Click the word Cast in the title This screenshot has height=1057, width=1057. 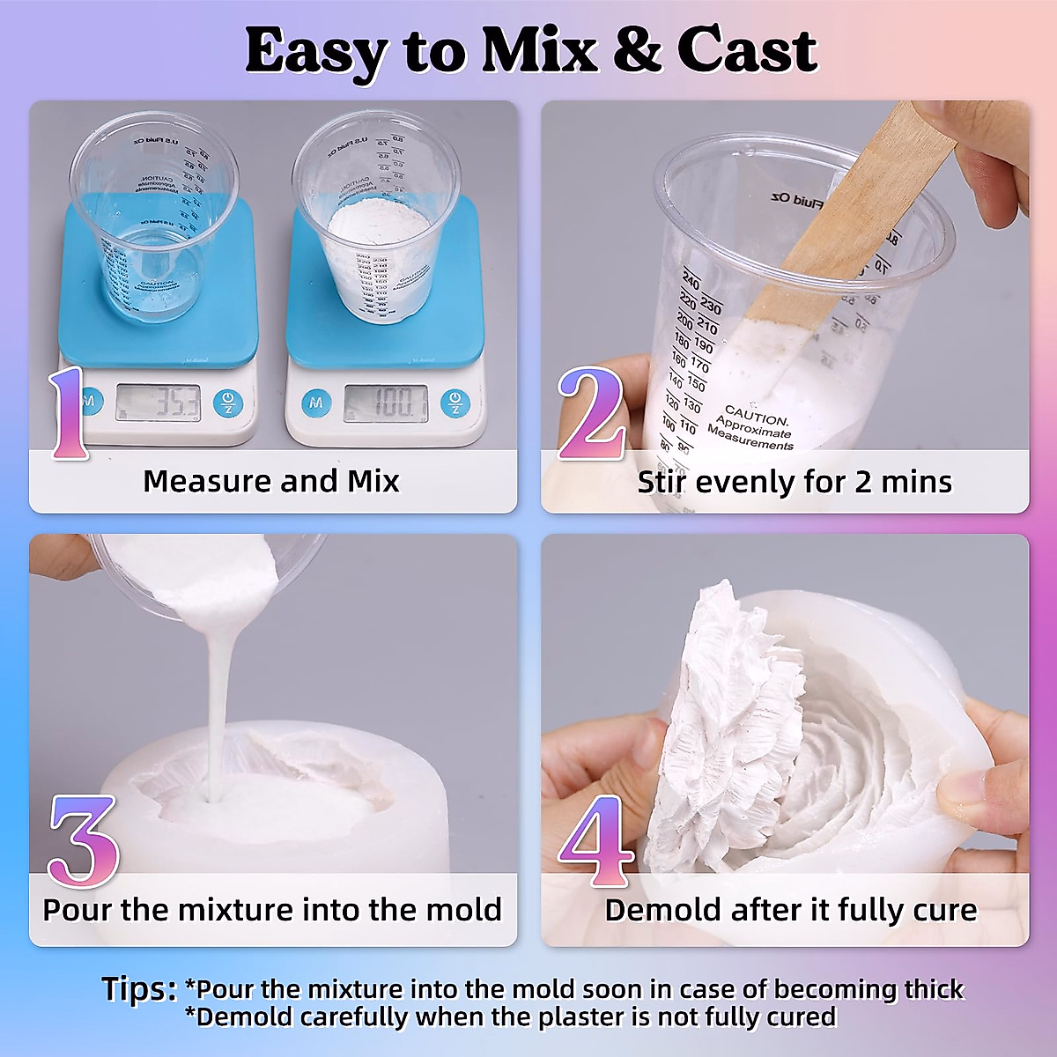747,51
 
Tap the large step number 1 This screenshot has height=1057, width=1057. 69,414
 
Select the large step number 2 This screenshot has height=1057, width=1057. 592,414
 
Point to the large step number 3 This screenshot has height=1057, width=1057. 83,841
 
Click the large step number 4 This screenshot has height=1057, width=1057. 596,841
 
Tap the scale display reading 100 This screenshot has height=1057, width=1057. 385,403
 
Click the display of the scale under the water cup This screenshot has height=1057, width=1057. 159,403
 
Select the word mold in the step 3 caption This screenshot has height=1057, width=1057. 463,909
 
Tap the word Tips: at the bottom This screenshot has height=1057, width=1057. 139,989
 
